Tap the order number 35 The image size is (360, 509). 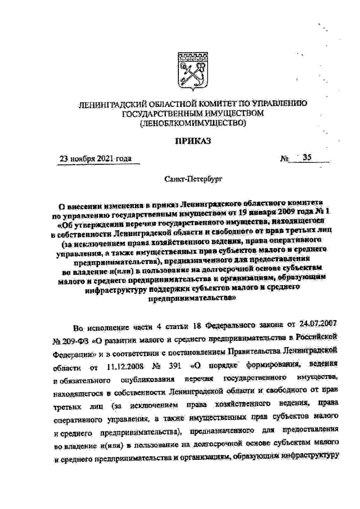point(306,157)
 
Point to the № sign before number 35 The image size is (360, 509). point(284,159)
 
